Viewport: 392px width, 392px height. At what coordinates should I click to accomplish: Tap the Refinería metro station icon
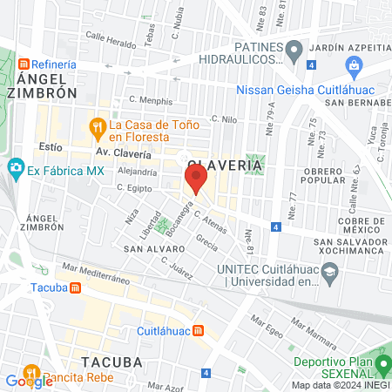(25, 64)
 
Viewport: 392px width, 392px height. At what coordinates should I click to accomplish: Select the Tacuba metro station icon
(75, 288)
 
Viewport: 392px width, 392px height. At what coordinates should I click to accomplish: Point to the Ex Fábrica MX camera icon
(15, 166)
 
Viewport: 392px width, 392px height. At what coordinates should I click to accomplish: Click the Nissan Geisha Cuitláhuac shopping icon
(353, 64)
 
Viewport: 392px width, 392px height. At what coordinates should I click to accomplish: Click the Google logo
(29, 381)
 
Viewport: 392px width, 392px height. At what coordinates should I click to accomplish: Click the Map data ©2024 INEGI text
(340, 385)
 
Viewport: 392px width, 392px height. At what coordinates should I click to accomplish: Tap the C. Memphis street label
(150, 101)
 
